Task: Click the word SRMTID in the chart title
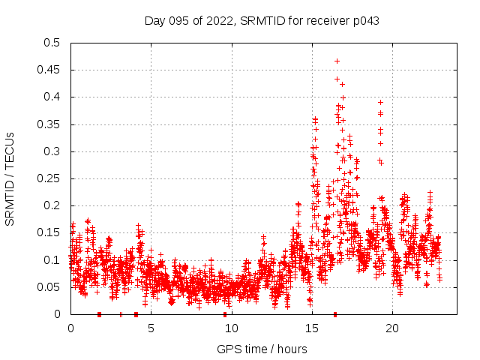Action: point(260,21)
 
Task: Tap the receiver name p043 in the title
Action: point(364,21)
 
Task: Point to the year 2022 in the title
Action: point(217,21)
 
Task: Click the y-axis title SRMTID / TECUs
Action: point(10,178)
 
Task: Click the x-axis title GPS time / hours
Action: point(262,349)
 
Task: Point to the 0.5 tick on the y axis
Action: point(52,43)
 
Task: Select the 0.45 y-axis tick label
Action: point(49,70)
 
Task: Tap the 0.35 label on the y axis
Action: point(49,124)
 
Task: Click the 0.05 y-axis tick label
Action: point(49,287)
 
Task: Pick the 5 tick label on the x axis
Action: point(151,328)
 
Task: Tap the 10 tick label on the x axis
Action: point(231,328)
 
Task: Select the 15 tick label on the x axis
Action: point(312,328)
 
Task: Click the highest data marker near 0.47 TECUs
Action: point(337,61)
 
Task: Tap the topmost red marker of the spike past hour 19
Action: point(380,102)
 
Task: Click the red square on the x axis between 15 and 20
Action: point(334,313)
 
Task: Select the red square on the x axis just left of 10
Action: point(224,313)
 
